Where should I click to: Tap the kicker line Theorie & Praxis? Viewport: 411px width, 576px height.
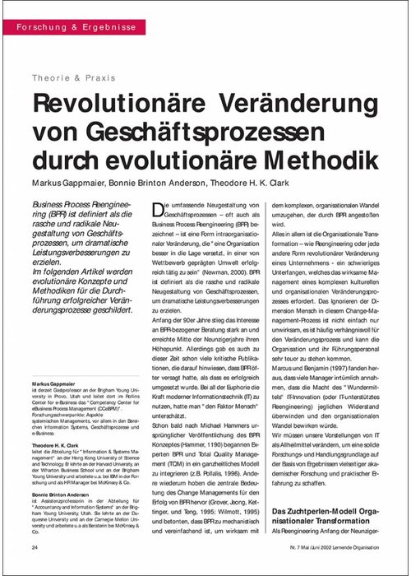click(x=73, y=78)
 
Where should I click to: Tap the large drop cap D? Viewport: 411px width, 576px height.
click(x=159, y=213)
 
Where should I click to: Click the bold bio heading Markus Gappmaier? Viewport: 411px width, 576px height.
click(x=54, y=383)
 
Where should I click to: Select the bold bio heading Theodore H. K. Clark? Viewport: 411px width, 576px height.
click(x=58, y=444)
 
